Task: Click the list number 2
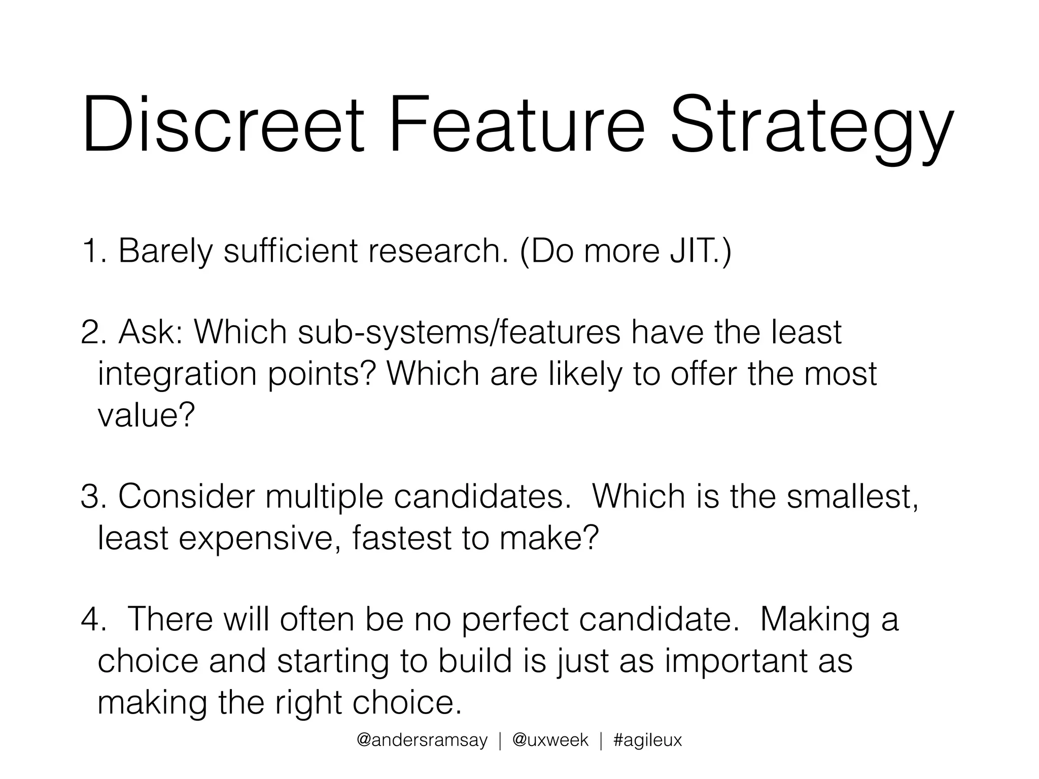[x=91, y=333]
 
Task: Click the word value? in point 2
[x=146, y=415]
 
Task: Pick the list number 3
[x=91, y=497]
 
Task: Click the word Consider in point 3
[x=186, y=497]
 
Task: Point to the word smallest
[x=852, y=497]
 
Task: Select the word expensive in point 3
[x=259, y=539]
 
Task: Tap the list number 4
[x=91, y=620]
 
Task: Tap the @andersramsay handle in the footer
[x=422, y=740]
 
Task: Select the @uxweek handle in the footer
[x=550, y=740]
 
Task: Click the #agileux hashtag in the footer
[x=647, y=740]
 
